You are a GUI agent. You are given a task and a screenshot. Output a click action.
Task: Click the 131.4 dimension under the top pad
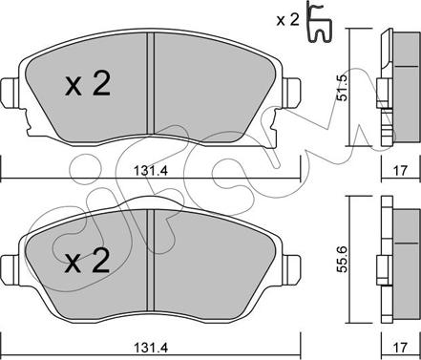(150, 171)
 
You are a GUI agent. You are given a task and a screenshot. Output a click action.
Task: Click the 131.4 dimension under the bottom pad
(150, 348)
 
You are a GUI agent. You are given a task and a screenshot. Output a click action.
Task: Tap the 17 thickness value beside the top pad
(401, 171)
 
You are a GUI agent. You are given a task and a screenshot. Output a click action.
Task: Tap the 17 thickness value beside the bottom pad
(401, 348)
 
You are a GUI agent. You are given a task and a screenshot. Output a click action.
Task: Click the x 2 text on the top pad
(88, 84)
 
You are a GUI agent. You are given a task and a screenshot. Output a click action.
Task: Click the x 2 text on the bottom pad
(87, 261)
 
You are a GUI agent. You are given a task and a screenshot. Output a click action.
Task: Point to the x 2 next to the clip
(287, 21)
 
